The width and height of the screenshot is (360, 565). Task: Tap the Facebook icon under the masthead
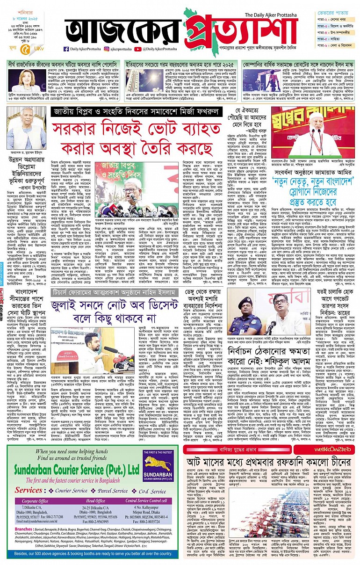click(x=66, y=48)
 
